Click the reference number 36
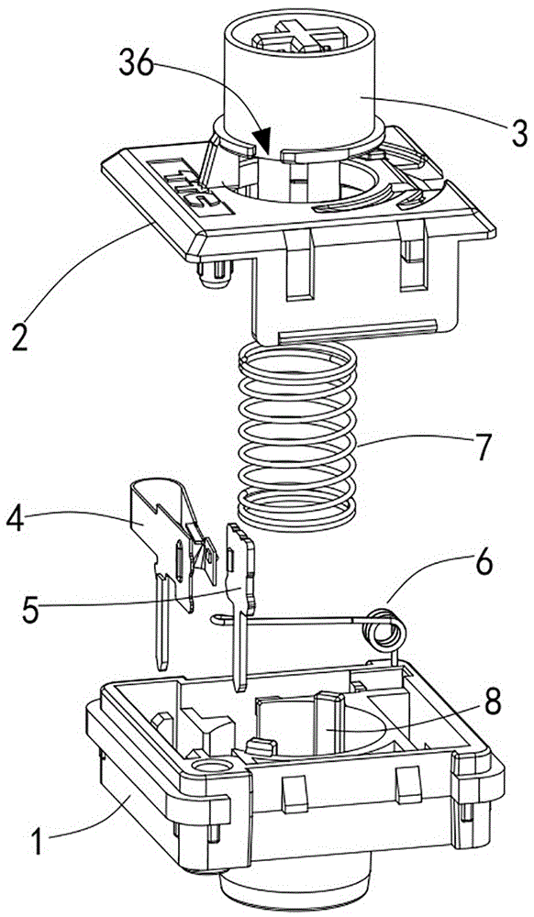(x=137, y=65)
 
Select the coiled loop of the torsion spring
(x=384, y=630)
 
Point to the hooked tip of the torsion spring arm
(x=217, y=619)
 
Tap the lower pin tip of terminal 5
(x=239, y=682)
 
